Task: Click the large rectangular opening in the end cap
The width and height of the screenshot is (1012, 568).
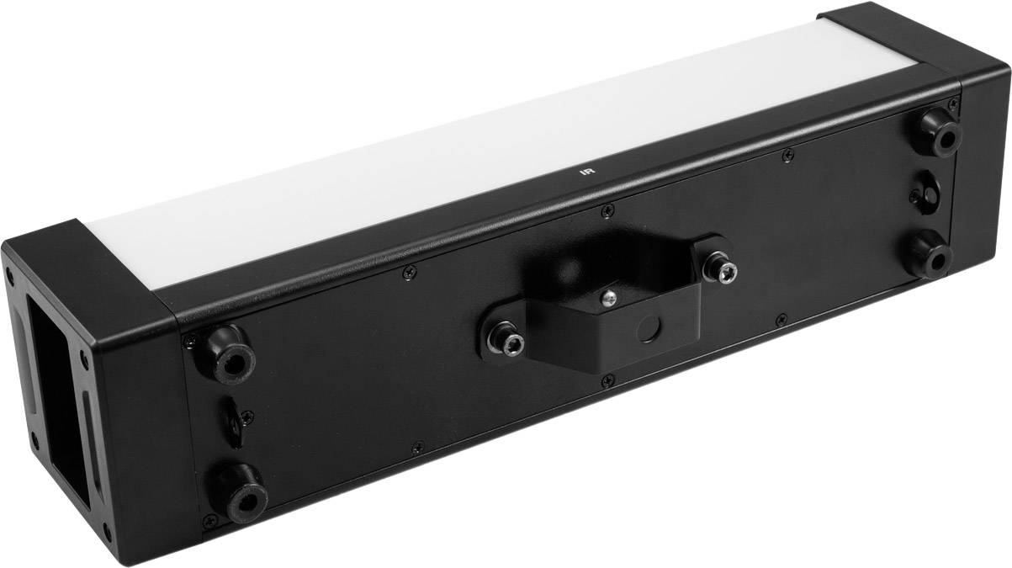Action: point(54,395)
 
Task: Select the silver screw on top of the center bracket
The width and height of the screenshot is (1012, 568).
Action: point(608,295)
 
